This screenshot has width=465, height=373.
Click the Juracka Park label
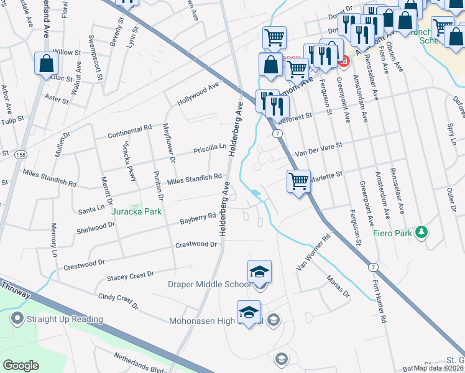[x=136, y=211]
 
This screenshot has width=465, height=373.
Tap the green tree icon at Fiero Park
[x=422, y=232]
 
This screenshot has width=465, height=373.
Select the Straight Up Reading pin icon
[x=17, y=319]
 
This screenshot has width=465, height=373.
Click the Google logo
[x=21, y=365]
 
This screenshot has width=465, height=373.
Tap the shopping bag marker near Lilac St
[x=47, y=63]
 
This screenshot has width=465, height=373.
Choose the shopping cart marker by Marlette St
[x=299, y=182]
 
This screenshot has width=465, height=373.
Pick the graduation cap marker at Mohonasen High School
[x=249, y=312]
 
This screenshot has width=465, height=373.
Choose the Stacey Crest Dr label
[x=130, y=274]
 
